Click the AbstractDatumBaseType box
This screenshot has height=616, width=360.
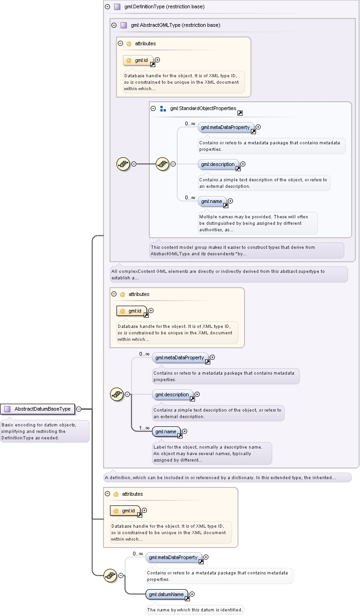[x=37, y=409]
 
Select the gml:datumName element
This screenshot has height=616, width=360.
[x=166, y=594]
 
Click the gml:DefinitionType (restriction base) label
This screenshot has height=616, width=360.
[x=165, y=6]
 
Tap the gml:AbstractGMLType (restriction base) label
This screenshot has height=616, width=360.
[x=175, y=25]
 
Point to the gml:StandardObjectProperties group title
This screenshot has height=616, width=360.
[x=203, y=108]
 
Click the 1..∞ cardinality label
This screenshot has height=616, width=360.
[x=144, y=428]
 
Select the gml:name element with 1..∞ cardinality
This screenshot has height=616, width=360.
[x=166, y=431]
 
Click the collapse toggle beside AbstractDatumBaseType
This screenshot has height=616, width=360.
[x=79, y=409]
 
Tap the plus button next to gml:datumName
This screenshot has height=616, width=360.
[x=192, y=594]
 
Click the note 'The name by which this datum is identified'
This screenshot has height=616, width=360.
[x=195, y=610]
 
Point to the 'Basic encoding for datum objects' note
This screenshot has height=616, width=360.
[x=45, y=431]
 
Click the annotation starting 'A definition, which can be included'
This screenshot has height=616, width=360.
[x=227, y=477]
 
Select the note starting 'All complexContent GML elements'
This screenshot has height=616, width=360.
[x=229, y=274]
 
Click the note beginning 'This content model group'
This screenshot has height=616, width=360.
[x=246, y=250]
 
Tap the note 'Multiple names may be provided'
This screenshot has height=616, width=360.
[x=258, y=223]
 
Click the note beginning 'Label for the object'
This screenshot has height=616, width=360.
[x=212, y=454]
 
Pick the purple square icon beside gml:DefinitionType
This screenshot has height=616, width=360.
[x=117, y=6]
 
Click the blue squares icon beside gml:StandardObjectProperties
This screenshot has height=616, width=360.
[x=163, y=109]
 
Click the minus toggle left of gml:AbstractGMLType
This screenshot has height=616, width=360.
[x=114, y=25]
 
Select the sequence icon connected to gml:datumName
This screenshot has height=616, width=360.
[x=110, y=575]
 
